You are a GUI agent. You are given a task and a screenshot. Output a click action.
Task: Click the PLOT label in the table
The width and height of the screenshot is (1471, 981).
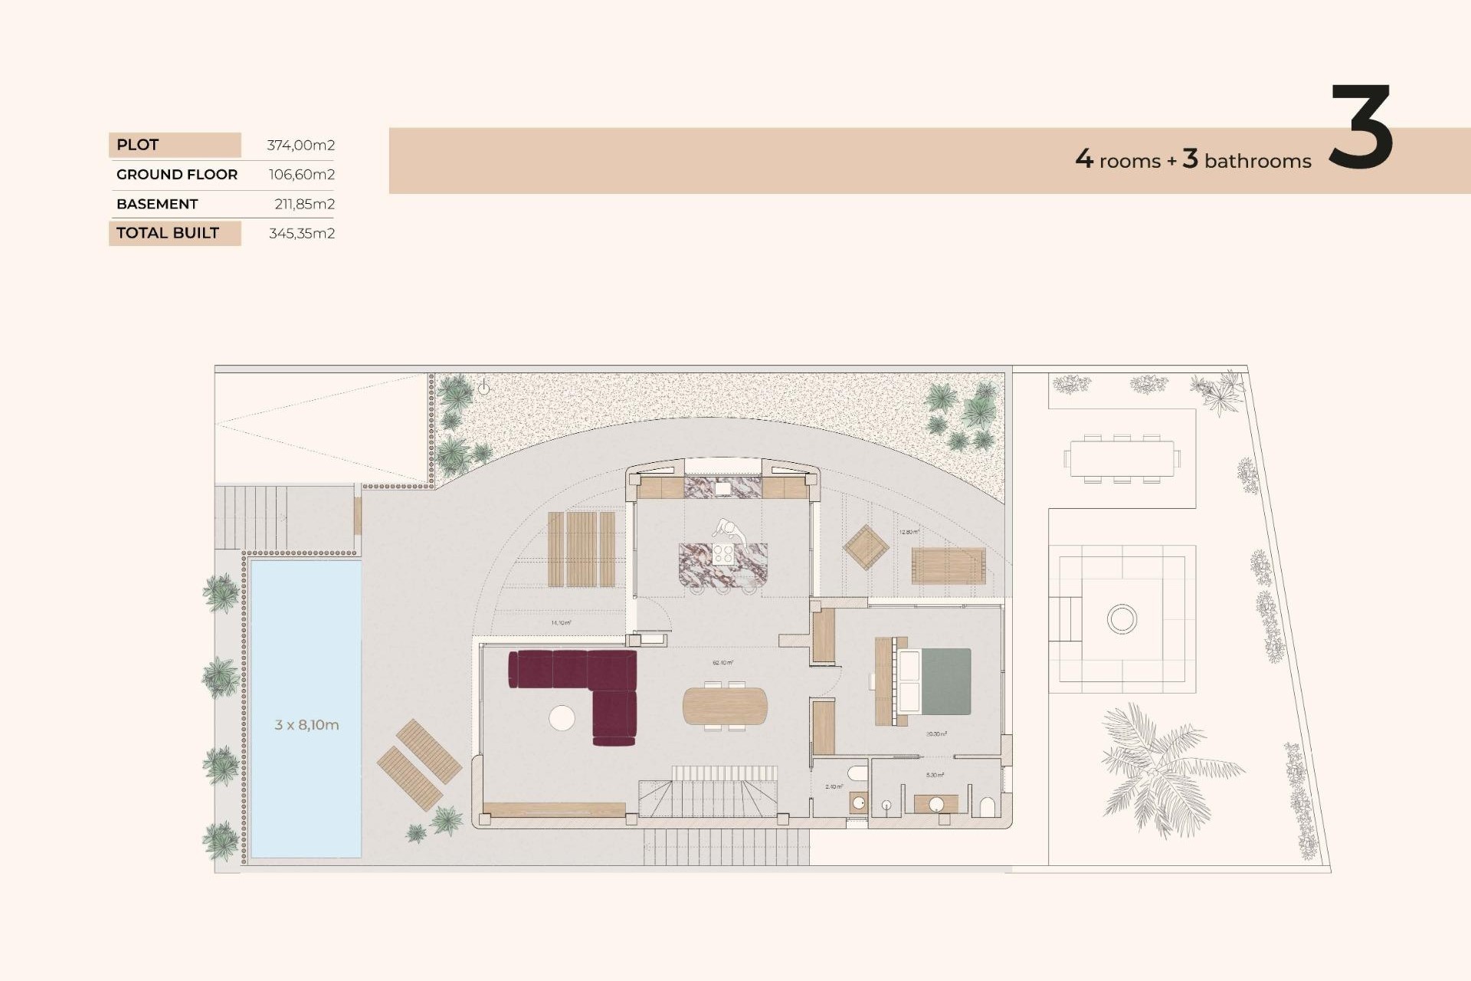138,145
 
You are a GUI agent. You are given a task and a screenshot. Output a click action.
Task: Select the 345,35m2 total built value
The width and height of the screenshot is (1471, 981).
301,233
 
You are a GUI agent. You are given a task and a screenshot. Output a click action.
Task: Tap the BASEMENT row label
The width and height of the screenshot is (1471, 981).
157,204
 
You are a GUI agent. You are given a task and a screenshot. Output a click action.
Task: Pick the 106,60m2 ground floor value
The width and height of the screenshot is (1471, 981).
301,175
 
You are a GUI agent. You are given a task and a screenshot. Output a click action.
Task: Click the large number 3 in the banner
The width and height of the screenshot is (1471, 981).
1360,128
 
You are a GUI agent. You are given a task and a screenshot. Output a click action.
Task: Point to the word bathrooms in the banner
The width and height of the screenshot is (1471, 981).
1257,161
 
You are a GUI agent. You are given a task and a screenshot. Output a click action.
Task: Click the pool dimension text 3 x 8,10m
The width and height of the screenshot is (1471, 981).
306,724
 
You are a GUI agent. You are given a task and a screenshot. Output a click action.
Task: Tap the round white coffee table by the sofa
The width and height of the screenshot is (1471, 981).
562,718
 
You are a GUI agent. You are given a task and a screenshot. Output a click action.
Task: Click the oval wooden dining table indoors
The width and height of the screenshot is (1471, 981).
725,706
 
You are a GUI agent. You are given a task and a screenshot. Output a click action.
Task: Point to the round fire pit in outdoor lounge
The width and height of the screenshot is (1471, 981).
1122,618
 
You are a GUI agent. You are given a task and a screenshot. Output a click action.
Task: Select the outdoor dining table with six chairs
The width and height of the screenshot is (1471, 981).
1122,459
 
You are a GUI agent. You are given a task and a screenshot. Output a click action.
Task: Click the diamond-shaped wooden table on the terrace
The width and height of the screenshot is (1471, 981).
866,547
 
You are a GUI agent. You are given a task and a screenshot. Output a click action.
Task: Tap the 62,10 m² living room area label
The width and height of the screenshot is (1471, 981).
722,662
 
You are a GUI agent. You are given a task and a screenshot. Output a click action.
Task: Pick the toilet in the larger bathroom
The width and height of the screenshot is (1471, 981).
988,807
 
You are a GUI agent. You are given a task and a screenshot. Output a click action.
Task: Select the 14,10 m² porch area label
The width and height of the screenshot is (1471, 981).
561,622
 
